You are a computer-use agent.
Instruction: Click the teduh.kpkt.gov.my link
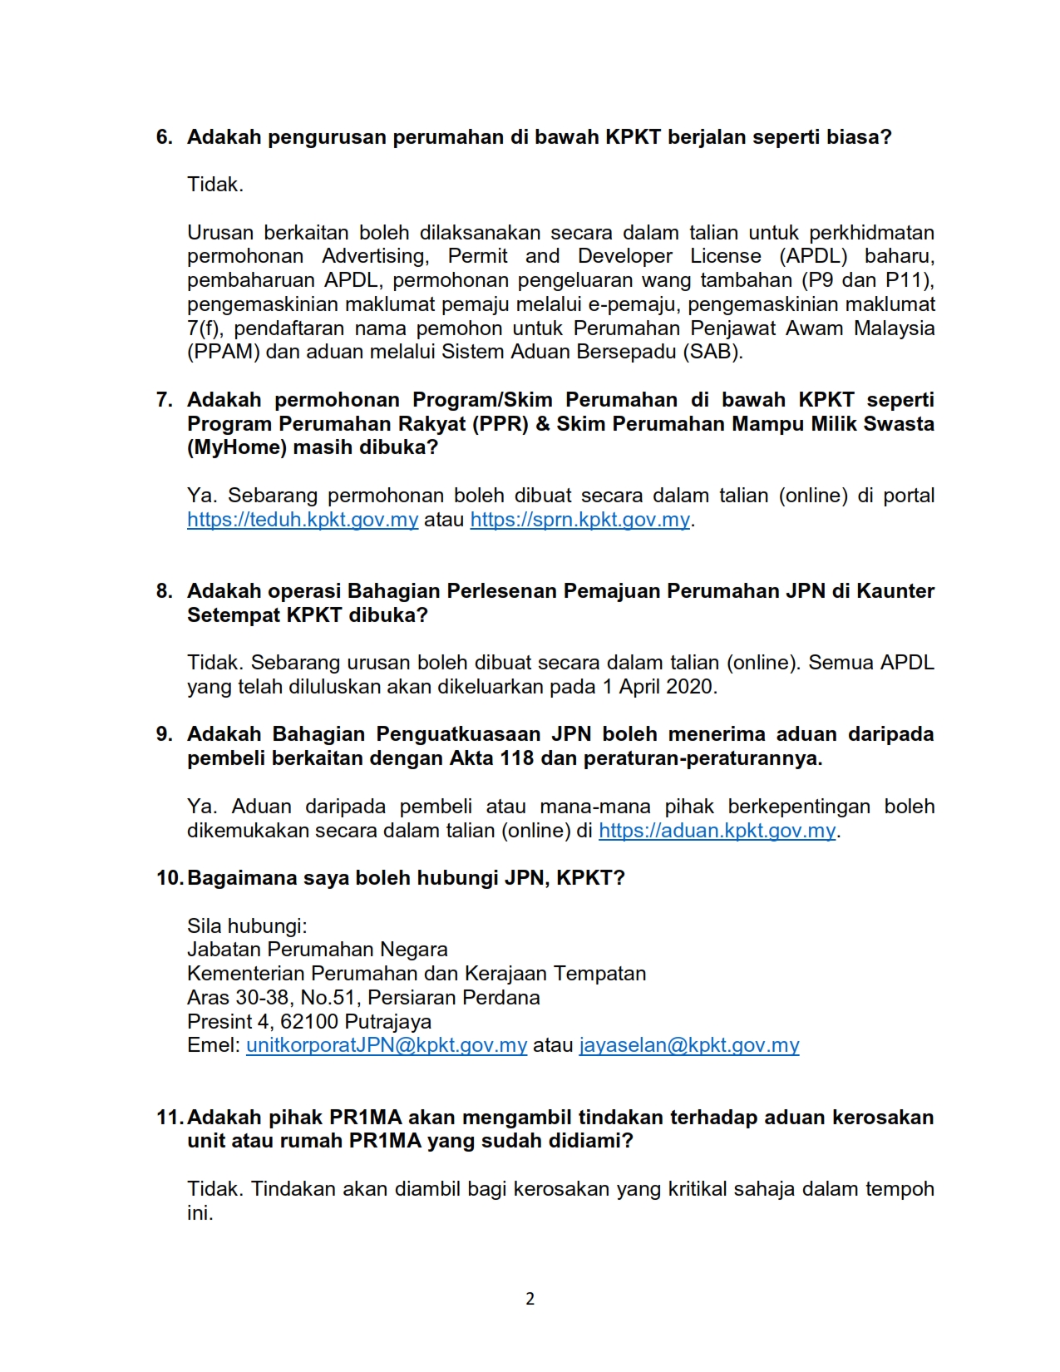click(x=302, y=520)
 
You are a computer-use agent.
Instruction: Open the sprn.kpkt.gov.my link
click(x=579, y=520)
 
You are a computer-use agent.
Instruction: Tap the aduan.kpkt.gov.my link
click(x=717, y=831)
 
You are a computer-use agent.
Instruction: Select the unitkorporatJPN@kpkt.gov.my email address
click(x=387, y=1045)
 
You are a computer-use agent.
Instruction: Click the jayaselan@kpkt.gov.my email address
click(x=689, y=1045)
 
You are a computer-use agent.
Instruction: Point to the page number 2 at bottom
click(x=530, y=1299)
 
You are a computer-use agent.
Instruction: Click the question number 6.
click(x=165, y=137)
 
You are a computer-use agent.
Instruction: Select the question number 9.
click(x=165, y=734)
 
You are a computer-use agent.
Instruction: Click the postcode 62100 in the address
click(x=309, y=1022)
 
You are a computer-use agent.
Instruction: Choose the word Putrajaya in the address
click(x=388, y=1022)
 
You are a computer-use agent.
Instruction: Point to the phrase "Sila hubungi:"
click(x=247, y=926)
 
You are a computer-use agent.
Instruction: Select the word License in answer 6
click(x=726, y=256)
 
